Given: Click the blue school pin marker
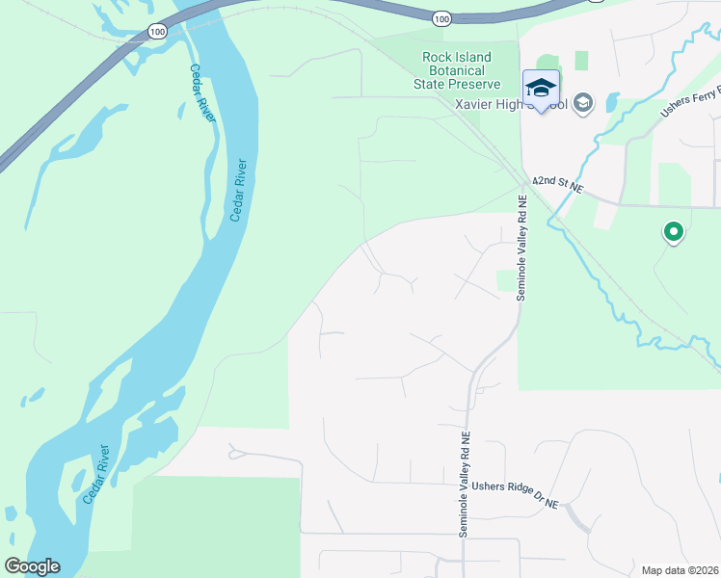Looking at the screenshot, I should pos(541,90).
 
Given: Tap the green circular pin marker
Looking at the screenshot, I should pos(673,232).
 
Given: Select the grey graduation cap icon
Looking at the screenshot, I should pos(582,102).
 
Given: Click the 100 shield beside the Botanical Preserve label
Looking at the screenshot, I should pos(441,18).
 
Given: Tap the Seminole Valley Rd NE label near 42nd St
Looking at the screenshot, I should pos(521,249).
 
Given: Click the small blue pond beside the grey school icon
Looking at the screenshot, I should pos(613,100).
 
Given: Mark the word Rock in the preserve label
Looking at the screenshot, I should pos(438,57).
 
